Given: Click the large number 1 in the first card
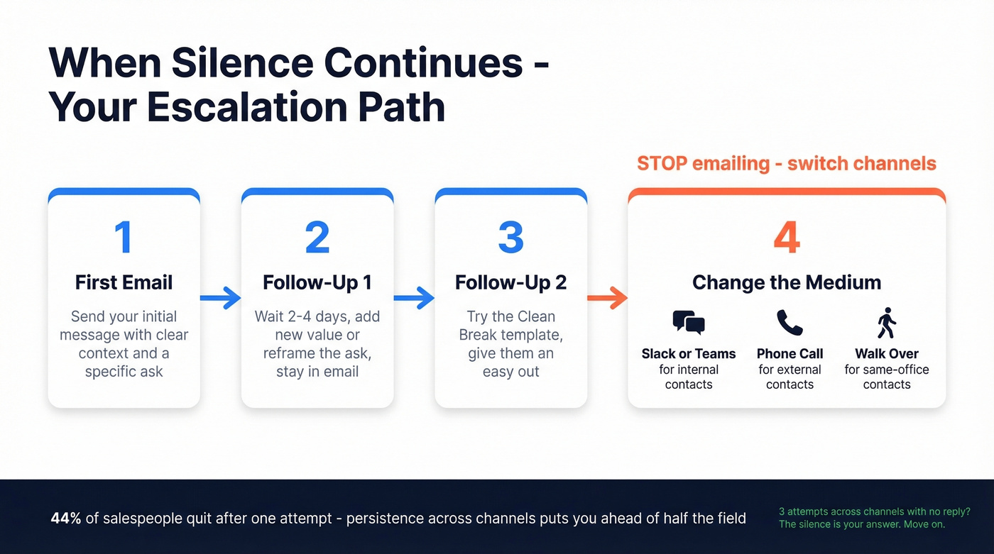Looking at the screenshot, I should click(x=124, y=238).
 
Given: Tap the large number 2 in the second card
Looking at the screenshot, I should click(x=317, y=238).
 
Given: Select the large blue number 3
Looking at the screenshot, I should click(x=510, y=238).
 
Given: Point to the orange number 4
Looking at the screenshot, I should click(x=786, y=238).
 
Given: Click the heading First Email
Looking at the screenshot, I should click(x=124, y=282).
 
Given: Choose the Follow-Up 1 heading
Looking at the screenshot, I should click(x=317, y=282).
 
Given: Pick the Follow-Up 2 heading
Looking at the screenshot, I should click(x=510, y=282).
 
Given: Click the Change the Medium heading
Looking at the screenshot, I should click(x=786, y=282).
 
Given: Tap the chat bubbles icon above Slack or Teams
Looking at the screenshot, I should click(x=688, y=323).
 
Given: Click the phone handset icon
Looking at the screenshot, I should click(x=790, y=323).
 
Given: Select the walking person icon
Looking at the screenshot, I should click(x=886, y=323).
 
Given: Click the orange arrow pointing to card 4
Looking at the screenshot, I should click(x=608, y=298).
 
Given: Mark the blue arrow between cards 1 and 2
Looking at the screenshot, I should click(x=221, y=298).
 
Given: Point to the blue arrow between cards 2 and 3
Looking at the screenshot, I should click(x=414, y=298).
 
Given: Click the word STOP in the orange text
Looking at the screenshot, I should click(x=662, y=164).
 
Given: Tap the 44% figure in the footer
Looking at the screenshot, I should click(x=65, y=519).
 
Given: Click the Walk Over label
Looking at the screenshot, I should click(x=886, y=353).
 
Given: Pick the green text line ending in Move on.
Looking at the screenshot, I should click(x=861, y=525).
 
